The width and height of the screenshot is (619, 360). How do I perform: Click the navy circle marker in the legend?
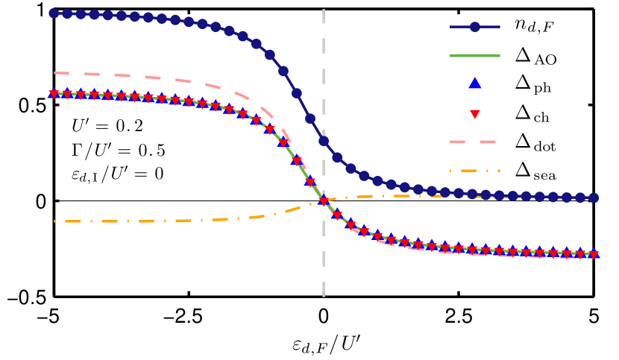(475, 27)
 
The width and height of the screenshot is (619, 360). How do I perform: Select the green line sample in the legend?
(475, 55)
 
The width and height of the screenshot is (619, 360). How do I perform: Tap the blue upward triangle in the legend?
(475, 83)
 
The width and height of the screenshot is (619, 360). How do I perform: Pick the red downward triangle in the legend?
(475, 114)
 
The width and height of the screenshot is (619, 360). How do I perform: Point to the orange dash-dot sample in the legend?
(474, 171)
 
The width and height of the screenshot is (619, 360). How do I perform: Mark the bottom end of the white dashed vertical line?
(324, 295)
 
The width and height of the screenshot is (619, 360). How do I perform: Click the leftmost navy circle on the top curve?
(54, 13)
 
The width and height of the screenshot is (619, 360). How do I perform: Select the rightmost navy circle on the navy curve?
(594, 198)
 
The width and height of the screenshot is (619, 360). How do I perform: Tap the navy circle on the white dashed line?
(324, 140)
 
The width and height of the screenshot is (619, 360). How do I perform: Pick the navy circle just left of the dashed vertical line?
(310, 118)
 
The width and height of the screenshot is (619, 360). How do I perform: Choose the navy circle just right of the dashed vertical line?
(337, 157)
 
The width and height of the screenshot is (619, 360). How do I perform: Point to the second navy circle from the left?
(67, 13)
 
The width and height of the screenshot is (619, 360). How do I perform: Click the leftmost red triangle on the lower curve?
(54, 95)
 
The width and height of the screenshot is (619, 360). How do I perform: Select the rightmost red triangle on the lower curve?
(594, 255)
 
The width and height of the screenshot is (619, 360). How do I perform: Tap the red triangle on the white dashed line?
(324, 200)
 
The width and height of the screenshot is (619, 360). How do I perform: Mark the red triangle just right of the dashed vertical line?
(337, 215)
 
